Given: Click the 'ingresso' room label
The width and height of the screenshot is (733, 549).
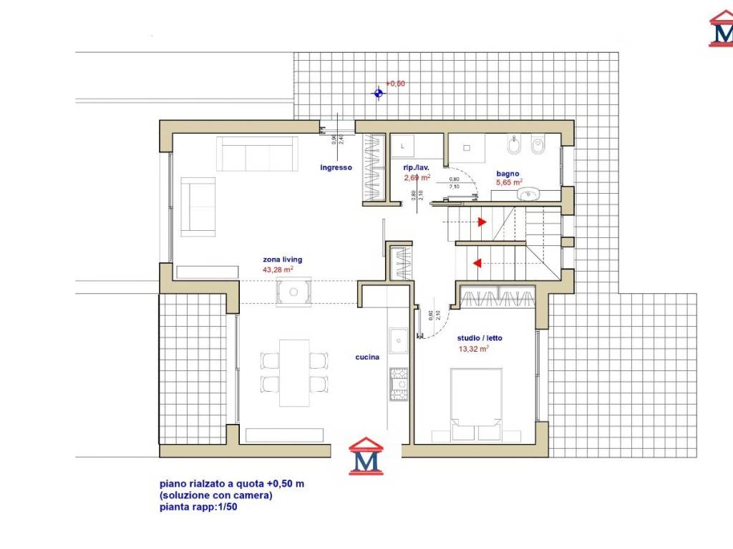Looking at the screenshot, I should pos(336,167).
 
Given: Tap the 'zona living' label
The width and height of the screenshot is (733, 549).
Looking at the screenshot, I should pos(282,259).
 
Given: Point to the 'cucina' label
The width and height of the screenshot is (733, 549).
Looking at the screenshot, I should pos(367,357).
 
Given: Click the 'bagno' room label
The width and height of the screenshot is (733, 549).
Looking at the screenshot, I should pos(508,173).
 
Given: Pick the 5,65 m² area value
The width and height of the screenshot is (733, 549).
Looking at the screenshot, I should pos(509,182).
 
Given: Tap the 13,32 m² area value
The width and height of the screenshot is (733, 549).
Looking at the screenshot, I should pos(473,350).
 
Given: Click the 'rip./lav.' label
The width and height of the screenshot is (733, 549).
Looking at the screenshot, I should pos(416,167).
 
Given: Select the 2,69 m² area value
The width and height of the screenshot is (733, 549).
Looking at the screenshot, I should pos(417,177).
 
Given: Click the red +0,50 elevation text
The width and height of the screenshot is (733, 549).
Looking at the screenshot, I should pos(396,84).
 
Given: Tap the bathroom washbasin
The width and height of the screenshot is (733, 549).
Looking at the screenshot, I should pos(530,193).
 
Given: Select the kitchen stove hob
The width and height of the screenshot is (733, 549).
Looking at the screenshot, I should pos(398,383).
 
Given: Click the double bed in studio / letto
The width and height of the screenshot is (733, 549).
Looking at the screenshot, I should pos(475,404).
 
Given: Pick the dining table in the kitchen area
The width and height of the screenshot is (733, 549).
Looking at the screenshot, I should pos(293,372).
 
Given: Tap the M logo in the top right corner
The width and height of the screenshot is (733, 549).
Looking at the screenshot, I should pos(721,29).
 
